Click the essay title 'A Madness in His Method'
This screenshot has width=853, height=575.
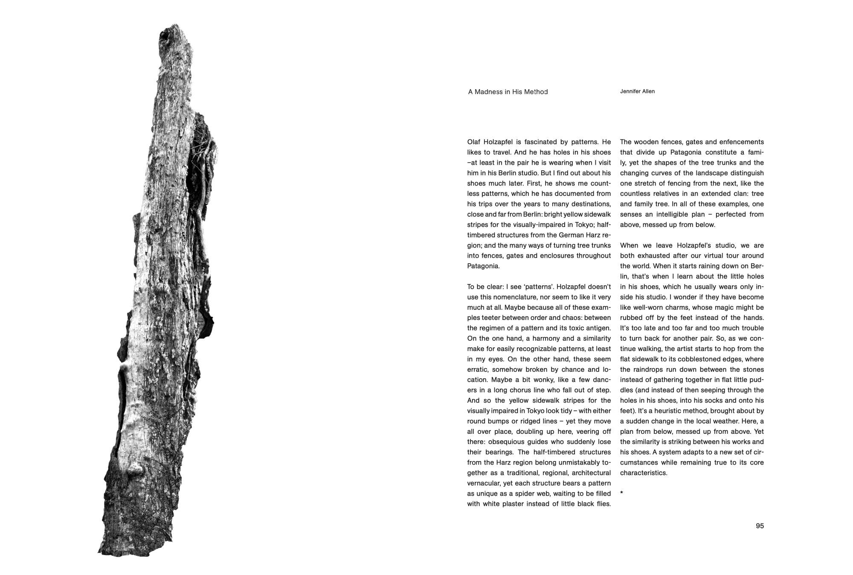[508, 92]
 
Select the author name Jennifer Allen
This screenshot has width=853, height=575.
[637, 91]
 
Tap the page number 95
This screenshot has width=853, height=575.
[760, 526]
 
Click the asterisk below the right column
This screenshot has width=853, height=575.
[622, 494]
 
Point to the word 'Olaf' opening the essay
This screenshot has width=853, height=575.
[474, 142]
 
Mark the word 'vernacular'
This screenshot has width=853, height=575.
[483, 483]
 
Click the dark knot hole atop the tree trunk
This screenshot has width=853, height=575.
[165, 38]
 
